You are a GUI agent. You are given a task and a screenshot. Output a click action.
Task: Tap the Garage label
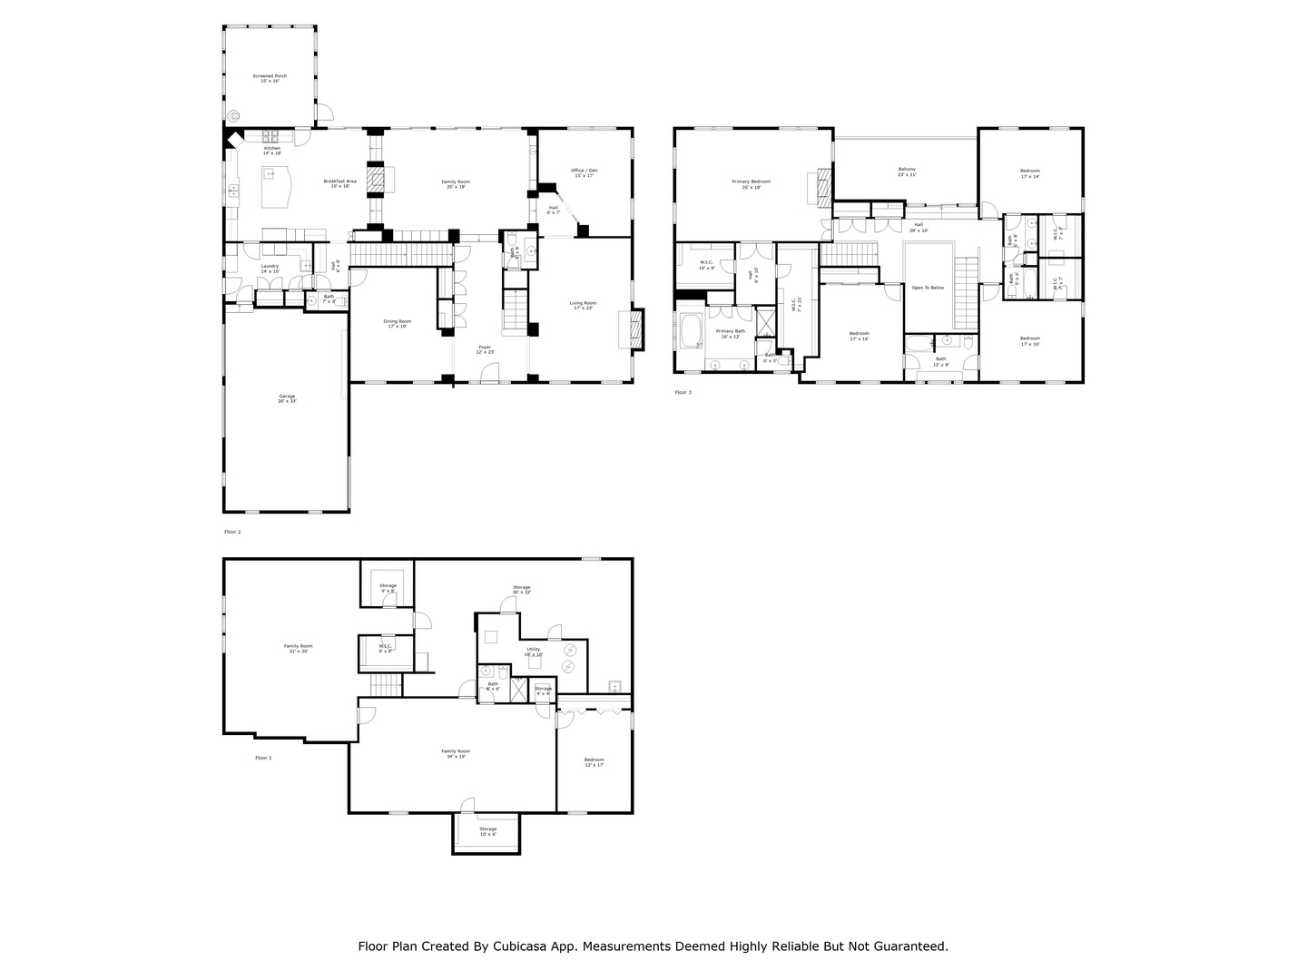point(287,397)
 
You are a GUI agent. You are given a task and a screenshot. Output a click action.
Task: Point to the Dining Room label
point(398,323)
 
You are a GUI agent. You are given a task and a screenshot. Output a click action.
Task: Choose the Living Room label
point(583,305)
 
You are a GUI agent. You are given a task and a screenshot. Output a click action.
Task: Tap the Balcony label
point(907,171)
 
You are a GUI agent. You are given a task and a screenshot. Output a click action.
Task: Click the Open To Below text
point(928,288)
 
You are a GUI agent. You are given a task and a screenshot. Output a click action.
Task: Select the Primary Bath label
point(731,333)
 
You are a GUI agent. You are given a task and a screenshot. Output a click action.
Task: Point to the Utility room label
point(534,651)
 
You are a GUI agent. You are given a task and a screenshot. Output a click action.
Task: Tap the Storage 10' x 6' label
point(488,830)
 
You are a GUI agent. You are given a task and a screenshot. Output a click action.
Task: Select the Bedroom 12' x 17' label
point(595,761)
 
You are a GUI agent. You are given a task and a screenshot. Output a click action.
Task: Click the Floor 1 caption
point(263,758)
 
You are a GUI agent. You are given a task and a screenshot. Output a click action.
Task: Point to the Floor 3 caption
point(683,392)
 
